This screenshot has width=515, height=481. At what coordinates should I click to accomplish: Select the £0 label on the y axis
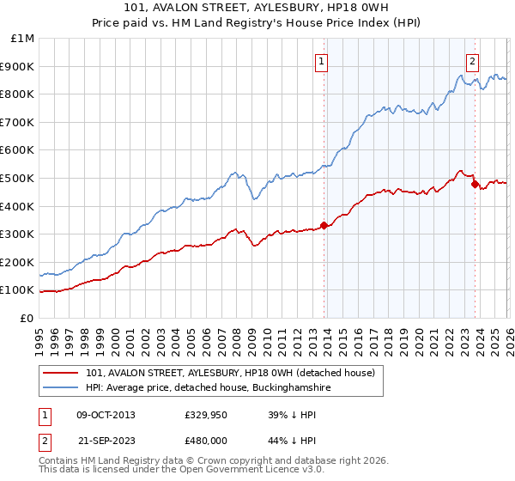coord(27,318)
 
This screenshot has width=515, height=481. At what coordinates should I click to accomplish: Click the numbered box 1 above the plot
coord(321,60)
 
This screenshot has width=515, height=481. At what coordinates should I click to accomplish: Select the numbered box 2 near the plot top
coord(472,60)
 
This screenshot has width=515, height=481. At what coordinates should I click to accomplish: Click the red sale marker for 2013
coord(324,226)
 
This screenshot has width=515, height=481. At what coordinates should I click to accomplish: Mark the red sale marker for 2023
coord(474,183)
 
